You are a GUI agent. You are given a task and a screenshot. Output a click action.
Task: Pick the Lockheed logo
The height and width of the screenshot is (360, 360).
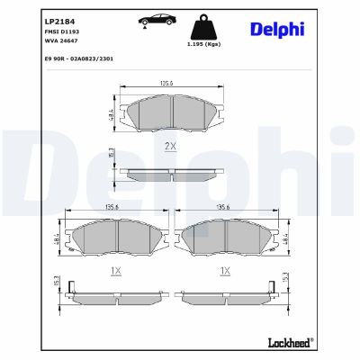pos(287,342)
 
